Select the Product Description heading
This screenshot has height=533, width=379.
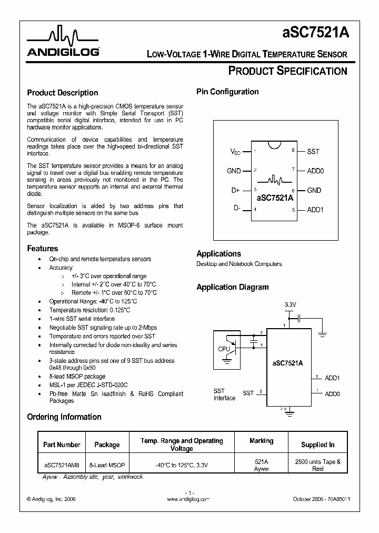tap(62, 93)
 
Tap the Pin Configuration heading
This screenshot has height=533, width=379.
tap(227, 92)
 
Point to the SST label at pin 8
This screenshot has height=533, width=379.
tap(313, 151)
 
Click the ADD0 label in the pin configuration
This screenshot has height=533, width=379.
tap(315, 171)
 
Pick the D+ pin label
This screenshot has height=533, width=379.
tap(235, 190)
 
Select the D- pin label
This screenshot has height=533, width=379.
tap(236, 209)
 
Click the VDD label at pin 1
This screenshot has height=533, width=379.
tap(235, 152)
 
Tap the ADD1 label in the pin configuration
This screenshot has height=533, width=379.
tap(315, 210)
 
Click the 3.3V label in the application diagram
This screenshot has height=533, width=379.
tap(290, 305)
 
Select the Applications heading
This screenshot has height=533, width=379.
tap(218, 253)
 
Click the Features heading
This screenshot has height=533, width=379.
tap(42, 248)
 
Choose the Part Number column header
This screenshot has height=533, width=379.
tap(62, 445)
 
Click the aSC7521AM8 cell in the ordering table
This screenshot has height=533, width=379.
tap(62, 465)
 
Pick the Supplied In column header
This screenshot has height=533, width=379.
tap(317, 445)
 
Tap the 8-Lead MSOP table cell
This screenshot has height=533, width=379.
tap(107, 465)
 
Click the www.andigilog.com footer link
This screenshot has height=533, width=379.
tap(188, 498)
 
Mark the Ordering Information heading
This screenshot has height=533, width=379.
tap(64, 417)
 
